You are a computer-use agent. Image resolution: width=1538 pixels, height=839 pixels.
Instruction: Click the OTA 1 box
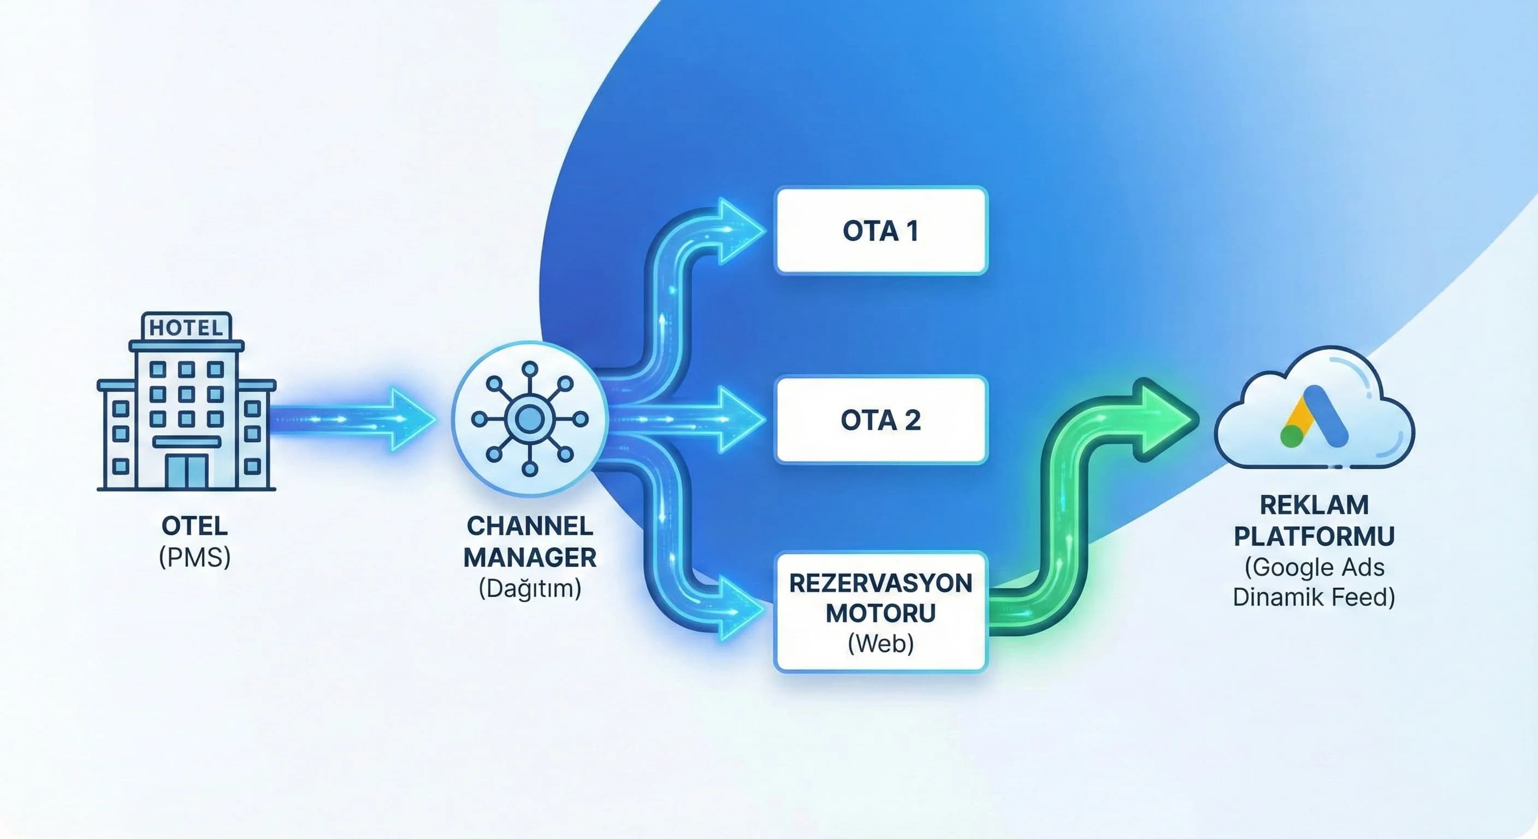(880, 231)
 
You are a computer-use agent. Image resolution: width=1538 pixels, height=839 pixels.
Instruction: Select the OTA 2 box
(880, 420)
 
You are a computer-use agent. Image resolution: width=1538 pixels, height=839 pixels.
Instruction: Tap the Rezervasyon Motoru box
(880, 612)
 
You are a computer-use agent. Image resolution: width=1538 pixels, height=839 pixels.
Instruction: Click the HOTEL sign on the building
(186, 327)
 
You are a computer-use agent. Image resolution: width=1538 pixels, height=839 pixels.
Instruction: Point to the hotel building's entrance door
(187, 472)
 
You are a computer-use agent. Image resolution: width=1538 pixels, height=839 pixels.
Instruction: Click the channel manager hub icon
(530, 418)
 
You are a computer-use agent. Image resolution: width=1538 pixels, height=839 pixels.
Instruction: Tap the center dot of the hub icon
(530, 418)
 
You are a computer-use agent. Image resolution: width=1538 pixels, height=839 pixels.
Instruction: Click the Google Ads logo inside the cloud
(1314, 417)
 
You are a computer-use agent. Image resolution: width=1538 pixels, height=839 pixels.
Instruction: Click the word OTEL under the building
(194, 526)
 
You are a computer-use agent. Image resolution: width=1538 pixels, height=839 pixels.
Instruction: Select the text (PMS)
(194, 557)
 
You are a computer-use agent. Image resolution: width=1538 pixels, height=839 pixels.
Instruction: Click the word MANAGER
(530, 557)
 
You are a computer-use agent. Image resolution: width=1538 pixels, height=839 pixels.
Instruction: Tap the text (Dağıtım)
(530, 588)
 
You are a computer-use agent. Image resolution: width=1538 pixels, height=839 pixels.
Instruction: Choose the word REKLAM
(1314, 505)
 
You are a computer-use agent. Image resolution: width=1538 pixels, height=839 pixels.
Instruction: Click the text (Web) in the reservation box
(880, 643)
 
